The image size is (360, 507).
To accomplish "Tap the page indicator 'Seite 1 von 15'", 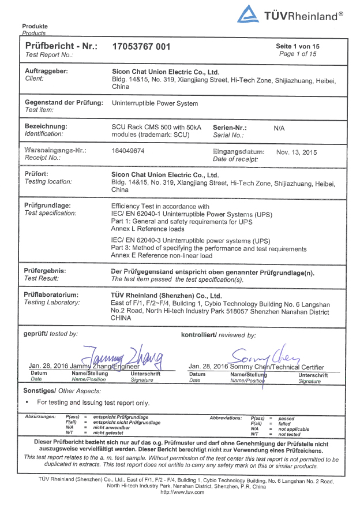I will [x=297, y=46].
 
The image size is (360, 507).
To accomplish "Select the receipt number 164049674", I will [x=127, y=150].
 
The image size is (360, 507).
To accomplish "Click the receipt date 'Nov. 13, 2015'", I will [x=297, y=152].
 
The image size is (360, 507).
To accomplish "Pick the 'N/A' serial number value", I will [x=279, y=128].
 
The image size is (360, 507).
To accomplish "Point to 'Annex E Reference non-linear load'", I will [x=162, y=256].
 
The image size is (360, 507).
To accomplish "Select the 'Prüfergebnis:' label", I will [x=46, y=271].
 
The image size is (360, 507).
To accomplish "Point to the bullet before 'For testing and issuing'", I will [x=27, y=402].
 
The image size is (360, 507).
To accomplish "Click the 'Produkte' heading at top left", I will [x=35, y=27].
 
